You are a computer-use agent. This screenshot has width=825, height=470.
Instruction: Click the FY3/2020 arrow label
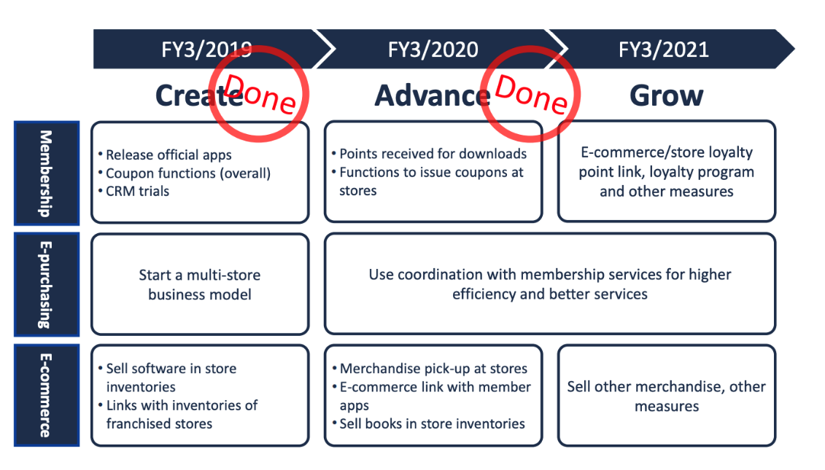click(x=433, y=50)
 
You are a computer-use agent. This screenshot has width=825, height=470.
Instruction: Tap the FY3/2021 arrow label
click(x=664, y=50)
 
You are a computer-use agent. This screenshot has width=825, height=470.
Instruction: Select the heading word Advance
click(x=433, y=95)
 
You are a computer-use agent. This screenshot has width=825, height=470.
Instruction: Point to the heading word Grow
click(x=666, y=95)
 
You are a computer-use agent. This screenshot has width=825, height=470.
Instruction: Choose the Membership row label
click(x=46, y=173)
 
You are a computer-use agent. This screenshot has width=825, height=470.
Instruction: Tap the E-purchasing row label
click(x=46, y=285)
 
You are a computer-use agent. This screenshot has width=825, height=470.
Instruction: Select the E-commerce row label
click(x=46, y=396)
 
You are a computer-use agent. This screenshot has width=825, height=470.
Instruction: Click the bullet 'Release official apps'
click(x=165, y=155)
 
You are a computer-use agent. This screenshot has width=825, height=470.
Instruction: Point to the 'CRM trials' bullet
click(x=134, y=192)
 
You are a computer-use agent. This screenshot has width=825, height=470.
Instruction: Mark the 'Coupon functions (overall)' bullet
click(x=185, y=173)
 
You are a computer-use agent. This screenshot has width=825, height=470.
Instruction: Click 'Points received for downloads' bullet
click(x=430, y=154)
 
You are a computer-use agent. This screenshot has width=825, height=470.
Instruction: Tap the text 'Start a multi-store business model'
click(x=200, y=284)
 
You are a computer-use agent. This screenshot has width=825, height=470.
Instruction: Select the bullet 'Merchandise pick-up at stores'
click(x=430, y=369)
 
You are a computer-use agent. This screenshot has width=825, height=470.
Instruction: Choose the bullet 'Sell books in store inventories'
click(x=429, y=424)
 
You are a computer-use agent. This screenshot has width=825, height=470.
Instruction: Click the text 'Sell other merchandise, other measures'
click(x=666, y=396)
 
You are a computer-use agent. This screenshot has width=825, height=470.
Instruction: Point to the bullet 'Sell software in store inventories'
click(x=168, y=377)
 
